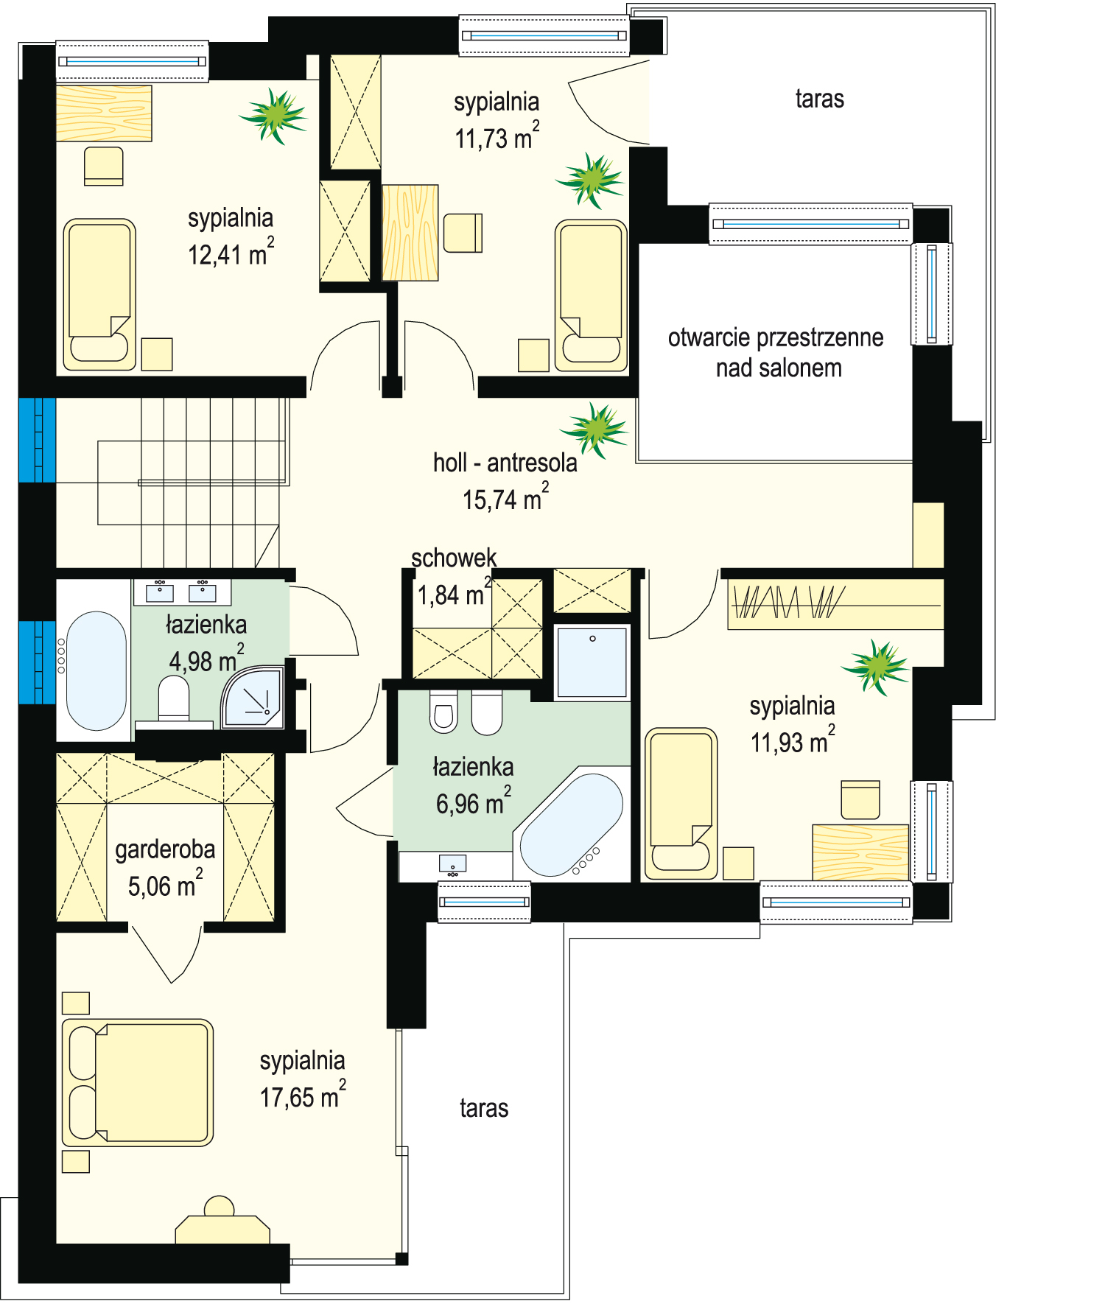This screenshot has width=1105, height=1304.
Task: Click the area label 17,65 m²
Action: tap(303, 1096)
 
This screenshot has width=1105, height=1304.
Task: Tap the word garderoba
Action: tap(165, 850)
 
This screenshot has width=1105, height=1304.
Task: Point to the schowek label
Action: tap(454, 558)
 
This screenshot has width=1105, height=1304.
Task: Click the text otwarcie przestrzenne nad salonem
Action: tap(776, 352)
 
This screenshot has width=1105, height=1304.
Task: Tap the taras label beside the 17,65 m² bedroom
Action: tap(484, 1108)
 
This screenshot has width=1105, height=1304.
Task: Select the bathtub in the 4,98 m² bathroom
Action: tap(96, 670)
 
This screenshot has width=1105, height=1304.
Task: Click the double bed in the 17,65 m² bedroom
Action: tap(138, 1082)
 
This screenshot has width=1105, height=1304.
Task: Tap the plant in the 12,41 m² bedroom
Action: tap(273, 115)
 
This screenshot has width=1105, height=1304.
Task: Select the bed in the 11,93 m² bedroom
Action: tap(681, 803)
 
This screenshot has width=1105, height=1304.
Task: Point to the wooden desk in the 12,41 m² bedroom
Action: tap(104, 113)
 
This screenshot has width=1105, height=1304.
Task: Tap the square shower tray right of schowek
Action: tap(592, 662)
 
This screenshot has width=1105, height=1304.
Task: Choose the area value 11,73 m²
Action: tap(497, 136)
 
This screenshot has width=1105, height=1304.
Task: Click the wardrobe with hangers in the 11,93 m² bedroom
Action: tap(835, 603)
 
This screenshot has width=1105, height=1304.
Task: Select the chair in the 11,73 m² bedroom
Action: tap(463, 232)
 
